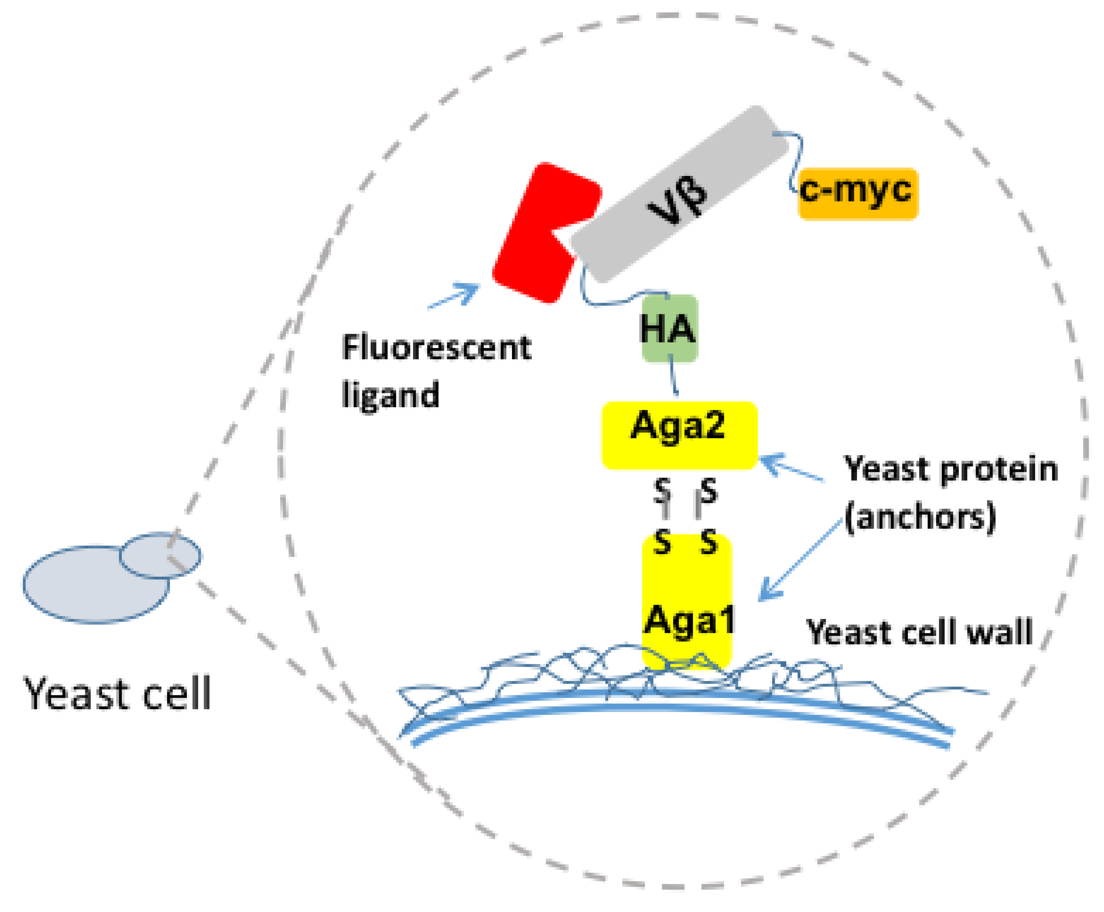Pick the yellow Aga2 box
[679, 435]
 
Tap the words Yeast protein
[950, 469]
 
